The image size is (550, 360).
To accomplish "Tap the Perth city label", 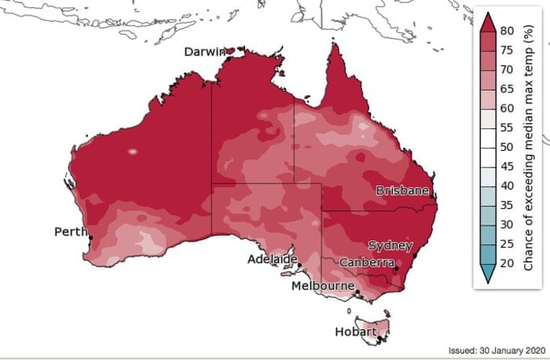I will [70, 232].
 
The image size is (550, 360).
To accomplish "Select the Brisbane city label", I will [402, 191].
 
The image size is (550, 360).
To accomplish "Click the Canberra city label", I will [366, 262].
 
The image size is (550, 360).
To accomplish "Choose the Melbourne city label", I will [322, 286].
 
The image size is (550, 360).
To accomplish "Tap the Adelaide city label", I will [272, 259].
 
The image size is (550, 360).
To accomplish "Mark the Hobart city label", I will [351, 332].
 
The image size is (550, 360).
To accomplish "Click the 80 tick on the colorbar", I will [508, 31].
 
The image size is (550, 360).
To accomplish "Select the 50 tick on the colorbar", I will [508, 147].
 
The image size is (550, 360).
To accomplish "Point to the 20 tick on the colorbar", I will [508, 263].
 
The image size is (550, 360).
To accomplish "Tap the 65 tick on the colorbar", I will [508, 89].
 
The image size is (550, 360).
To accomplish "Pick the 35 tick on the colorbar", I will [508, 205].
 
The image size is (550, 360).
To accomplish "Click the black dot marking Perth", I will [91, 237].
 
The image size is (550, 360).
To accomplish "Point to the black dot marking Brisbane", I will [434, 196].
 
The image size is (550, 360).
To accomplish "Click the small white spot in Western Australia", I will [132, 151].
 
